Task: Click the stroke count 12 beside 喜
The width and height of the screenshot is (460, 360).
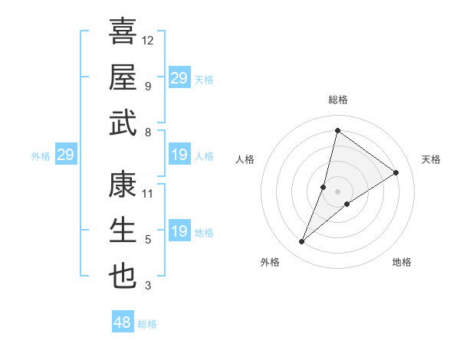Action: click(x=148, y=40)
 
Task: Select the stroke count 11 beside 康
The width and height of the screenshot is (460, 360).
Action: click(x=148, y=193)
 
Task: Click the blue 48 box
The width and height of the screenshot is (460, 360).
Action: click(x=123, y=322)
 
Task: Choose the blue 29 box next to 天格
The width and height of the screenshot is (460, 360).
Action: click(x=179, y=78)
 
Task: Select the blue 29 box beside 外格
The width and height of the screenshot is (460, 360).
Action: click(x=65, y=155)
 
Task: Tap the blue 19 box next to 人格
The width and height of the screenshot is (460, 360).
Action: click(x=179, y=155)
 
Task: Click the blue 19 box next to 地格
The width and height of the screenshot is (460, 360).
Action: click(x=179, y=231)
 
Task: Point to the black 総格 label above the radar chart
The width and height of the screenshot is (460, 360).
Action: click(x=337, y=100)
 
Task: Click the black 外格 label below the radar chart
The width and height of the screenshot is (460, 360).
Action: click(x=269, y=262)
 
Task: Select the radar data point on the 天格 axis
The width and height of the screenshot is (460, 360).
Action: click(x=396, y=172)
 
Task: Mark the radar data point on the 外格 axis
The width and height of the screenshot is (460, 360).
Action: click(x=302, y=242)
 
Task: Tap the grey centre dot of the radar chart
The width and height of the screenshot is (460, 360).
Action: click(x=337, y=191)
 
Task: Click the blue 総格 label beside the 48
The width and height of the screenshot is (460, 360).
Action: click(x=147, y=324)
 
